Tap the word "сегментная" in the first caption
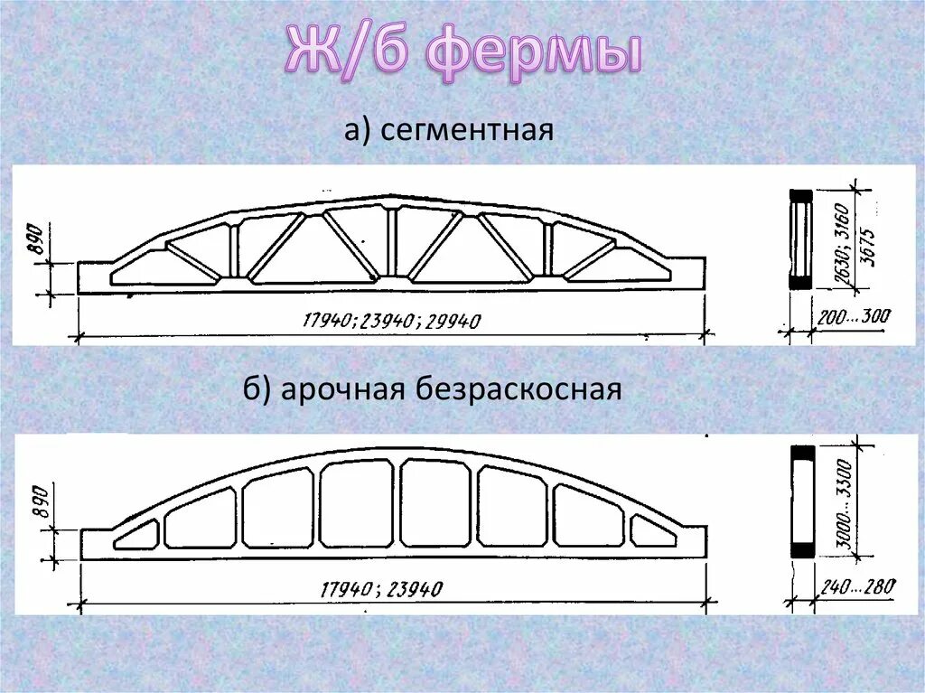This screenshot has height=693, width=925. pos(466,132)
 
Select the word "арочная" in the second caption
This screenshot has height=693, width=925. pos(344,390)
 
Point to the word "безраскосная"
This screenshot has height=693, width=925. pos(519,390)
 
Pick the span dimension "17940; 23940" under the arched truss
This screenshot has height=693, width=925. pos(381,590)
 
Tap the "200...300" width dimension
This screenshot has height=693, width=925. pos(854,316)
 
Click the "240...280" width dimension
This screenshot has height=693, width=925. pos(857,588)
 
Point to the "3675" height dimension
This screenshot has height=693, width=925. pos(870,239)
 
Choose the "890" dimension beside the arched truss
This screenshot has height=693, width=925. pos(39,511)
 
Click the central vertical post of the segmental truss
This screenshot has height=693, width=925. pos(392,240)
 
